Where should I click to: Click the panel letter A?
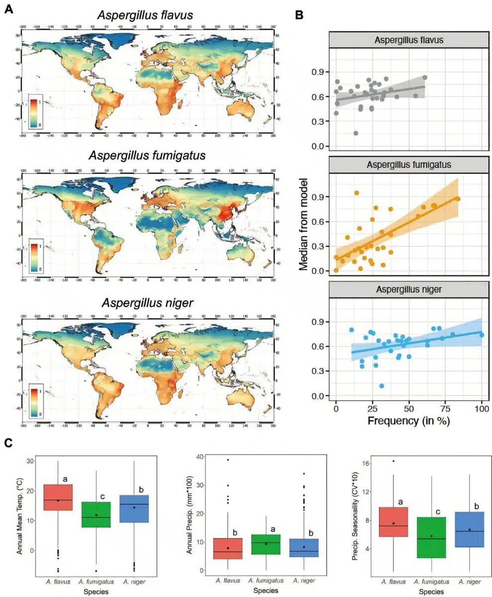point(8,9)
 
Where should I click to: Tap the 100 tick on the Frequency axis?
point(482,407)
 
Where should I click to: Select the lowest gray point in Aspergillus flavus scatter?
point(356,133)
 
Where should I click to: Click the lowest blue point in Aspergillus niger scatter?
point(381,386)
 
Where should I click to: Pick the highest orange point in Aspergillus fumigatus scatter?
point(357,193)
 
